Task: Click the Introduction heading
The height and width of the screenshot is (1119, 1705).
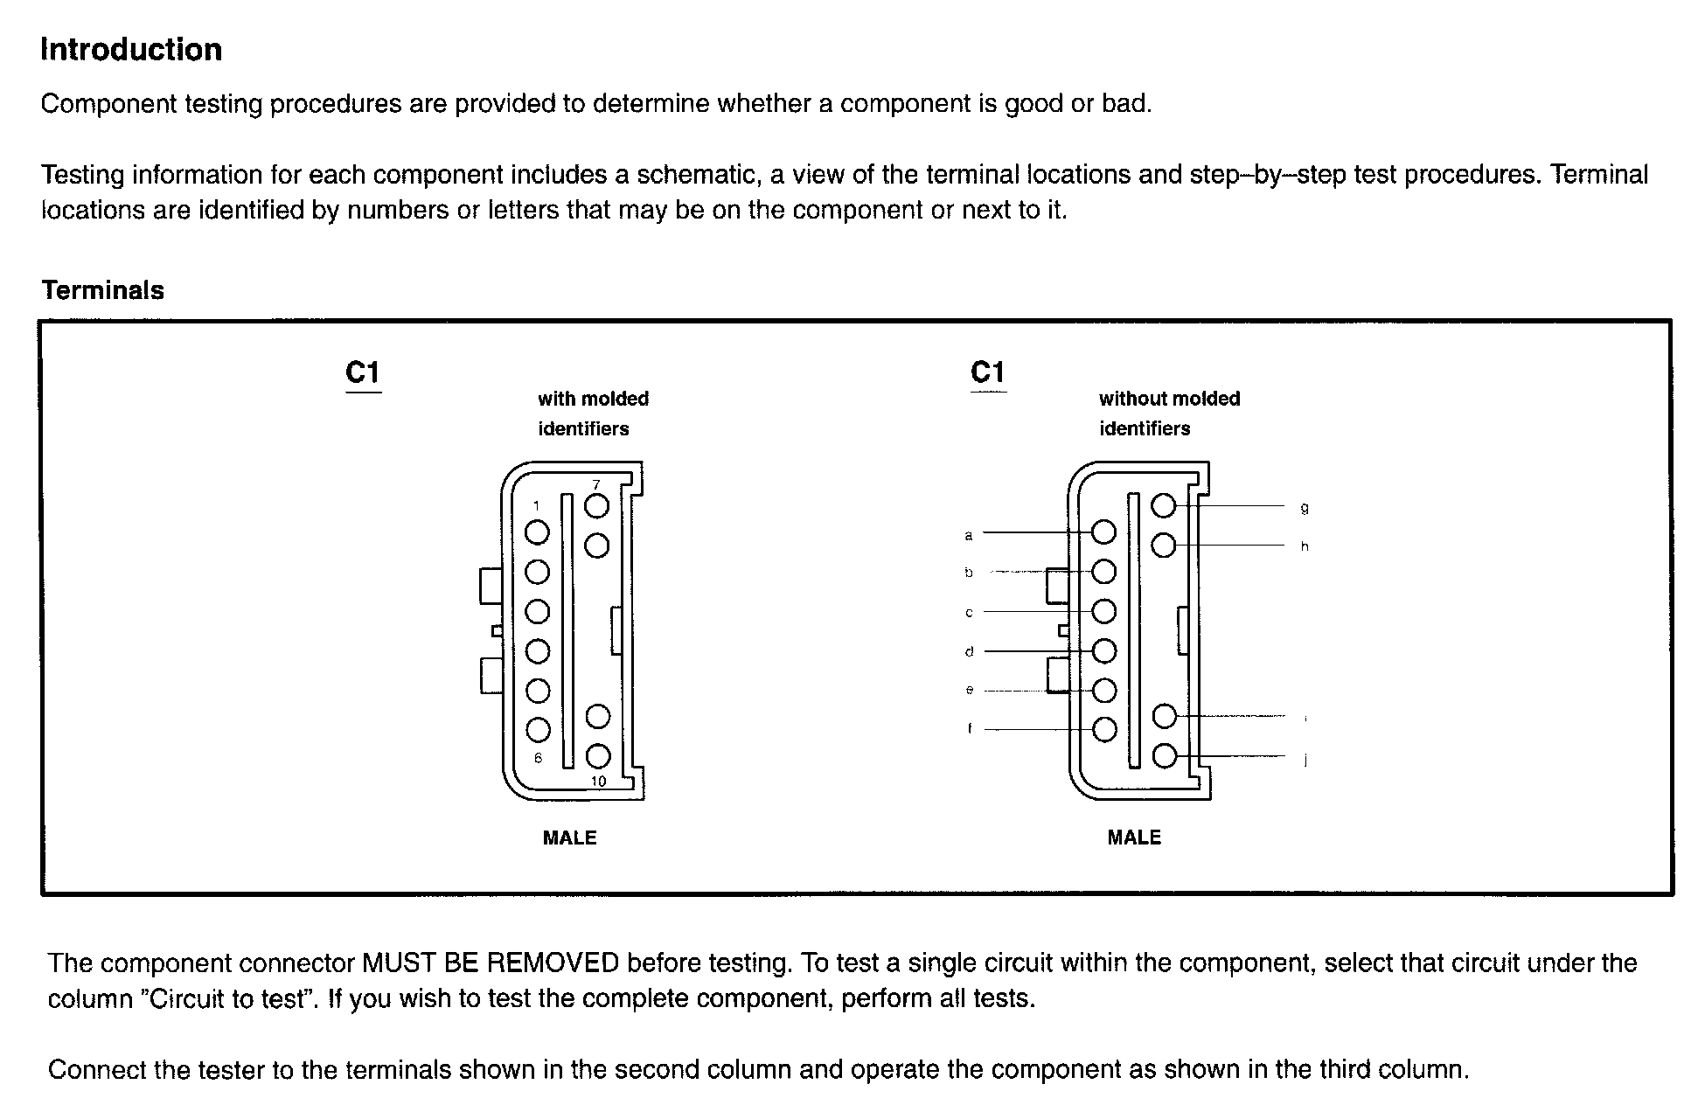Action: click(x=131, y=50)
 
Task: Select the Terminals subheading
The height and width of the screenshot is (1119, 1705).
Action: click(x=102, y=290)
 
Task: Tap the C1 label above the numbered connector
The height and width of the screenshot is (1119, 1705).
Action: click(x=363, y=373)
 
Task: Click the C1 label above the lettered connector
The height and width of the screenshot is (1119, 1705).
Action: click(x=988, y=373)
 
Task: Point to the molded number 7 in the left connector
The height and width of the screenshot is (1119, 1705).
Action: click(x=596, y=485)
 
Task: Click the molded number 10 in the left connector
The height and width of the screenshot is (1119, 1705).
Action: click(x=598, y=781)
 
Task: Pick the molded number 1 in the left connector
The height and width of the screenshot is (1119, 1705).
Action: click(x=536, y=505)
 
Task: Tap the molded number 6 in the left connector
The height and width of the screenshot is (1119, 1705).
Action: click(x=538, y=758)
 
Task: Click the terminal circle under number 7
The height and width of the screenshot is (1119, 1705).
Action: click(x=596, y=506)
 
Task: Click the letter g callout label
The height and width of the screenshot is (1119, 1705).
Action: click(x=1305, y=507)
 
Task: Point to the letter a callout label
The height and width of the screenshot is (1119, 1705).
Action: click(x=968, y=534)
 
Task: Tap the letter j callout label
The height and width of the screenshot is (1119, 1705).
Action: click(x=1305, y=759)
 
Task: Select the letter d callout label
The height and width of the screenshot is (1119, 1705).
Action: click(x=969, y=651)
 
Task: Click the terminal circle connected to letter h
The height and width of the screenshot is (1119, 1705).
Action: click(x=1164, y=546)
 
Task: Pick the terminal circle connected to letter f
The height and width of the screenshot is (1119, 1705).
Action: click(x=1105, y=729)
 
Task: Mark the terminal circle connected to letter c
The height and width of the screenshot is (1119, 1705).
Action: click(x=1105, y=611)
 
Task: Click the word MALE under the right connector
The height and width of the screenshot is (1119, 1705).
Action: click(x=1134, y=838)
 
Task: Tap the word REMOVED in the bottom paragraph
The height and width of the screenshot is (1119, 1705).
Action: click(x=552, y=963)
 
